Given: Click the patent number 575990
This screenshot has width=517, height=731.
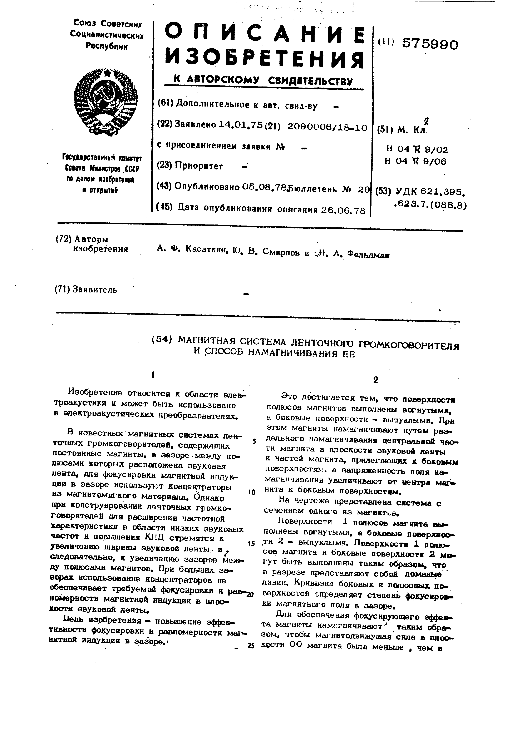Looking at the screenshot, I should pyautogui.click(x=430, y=44).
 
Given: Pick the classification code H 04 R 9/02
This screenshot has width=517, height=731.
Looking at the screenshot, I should pyautogui.click(x=417, y=149).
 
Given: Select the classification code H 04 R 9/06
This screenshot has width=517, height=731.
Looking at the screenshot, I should pyautogui.click(x=415, y=161).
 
